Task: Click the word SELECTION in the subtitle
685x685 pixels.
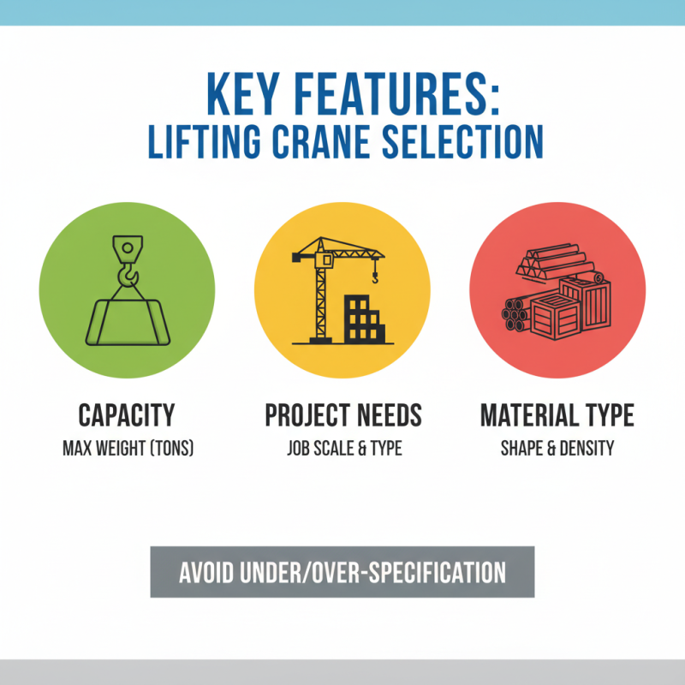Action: [465, 141]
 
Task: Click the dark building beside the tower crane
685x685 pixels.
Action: [364, 319]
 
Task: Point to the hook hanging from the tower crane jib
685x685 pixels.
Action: [374, 274]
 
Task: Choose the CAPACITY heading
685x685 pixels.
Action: [127, 416]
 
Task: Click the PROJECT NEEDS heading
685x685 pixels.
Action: [343, 416]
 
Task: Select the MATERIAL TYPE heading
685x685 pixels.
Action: [557, 416]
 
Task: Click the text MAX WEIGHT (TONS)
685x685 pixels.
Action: [127, 448]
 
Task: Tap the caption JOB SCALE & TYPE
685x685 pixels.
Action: [343, 448]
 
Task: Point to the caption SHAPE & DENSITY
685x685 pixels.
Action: [557, 448]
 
